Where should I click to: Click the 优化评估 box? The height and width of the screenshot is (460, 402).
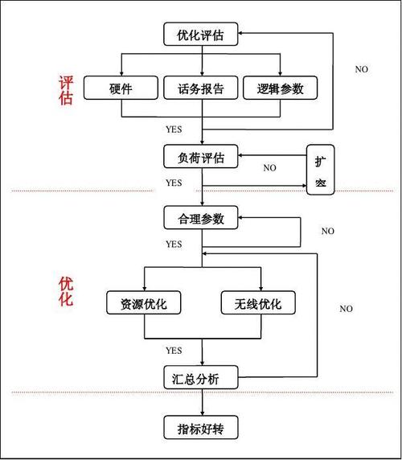(201, 35)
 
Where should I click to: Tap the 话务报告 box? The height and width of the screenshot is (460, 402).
(201, 88)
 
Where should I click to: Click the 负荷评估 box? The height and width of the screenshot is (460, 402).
(201, 156)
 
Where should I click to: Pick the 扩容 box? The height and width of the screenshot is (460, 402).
(320, 170)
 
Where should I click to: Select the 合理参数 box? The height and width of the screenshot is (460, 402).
(201, 218)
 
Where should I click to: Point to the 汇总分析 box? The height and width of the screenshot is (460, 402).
(201, 376)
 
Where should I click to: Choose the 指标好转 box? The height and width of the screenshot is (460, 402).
(201, 427)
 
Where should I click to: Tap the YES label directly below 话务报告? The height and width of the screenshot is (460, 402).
(174, 129)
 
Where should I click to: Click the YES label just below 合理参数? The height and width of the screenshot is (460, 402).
(174, 244)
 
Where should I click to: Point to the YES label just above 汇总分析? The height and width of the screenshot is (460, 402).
(174, 351)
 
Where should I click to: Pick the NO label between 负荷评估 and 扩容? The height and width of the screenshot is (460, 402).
(269, 168)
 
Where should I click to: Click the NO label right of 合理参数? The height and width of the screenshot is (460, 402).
(327, 231)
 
